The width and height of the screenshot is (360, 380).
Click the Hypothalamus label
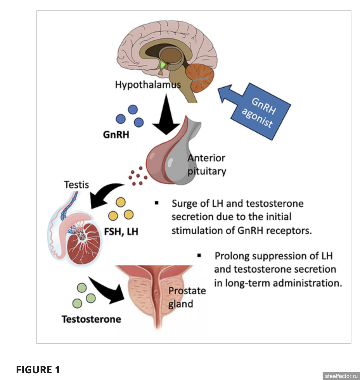point(148,85)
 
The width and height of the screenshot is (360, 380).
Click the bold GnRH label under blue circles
point(116,135)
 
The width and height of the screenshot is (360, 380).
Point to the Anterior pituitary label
point(207,165)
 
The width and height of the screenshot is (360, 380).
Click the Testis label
point(76,185)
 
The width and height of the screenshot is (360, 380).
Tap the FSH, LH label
point(121,231)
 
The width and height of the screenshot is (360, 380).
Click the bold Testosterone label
point(91,319)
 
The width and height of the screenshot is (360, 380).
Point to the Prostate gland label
point(187,297)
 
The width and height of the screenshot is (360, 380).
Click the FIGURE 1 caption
point(38,370)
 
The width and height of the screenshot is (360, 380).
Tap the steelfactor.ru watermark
point(341,376)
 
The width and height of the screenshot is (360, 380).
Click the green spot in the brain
point(163,65)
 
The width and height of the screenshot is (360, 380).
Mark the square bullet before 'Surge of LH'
point(157,203)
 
